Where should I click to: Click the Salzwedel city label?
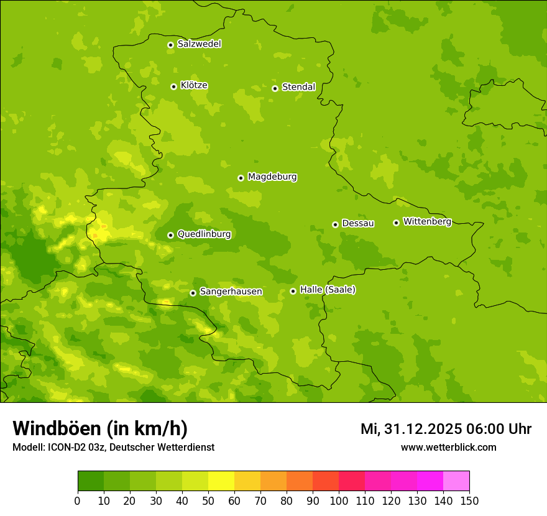point(199,44)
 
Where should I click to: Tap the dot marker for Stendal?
point(275,88)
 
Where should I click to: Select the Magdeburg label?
point(272,177)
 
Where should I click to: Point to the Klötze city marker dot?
point(173,86)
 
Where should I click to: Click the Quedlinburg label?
point(204,234)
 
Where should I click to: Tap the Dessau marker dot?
point(335,224)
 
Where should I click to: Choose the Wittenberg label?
point(427,221)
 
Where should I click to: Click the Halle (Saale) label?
point(328,290)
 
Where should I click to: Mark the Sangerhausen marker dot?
point(193,293)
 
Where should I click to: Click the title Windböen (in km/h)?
point(100,428)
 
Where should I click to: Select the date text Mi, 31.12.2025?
point(411,429)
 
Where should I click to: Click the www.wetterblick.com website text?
point(448,447)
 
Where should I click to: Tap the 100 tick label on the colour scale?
point(339,500)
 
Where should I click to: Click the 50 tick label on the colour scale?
point(208,500)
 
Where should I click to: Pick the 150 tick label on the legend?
point(469,500)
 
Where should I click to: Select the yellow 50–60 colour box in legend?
point(221,481)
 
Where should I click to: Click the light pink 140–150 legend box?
point(456,481)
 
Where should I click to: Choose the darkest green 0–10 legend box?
point(91,481)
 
